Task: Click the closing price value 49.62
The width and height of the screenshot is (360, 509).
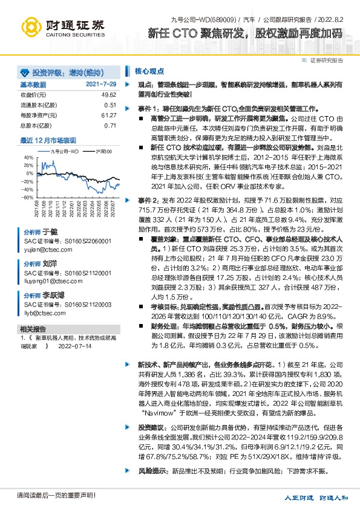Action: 109,95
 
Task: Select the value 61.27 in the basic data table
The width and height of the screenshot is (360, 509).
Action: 109,115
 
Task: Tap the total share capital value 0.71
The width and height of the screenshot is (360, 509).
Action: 110,125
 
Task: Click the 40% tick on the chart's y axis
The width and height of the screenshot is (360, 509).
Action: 27,157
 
